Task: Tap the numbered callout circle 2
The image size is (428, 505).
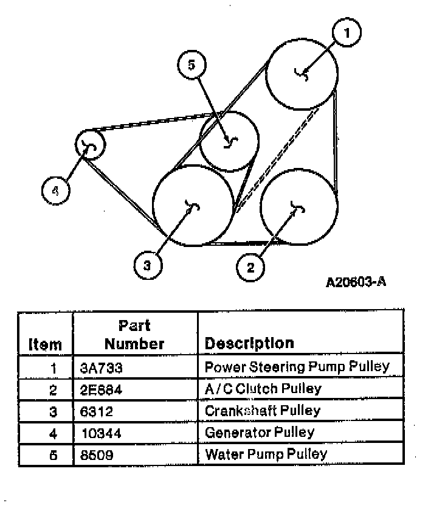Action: [250, 266]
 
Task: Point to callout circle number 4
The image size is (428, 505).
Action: [55, 190]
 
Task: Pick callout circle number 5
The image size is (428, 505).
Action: [192, 65]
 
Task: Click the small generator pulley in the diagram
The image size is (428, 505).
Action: [90, 145]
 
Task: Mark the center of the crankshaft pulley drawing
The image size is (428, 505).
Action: [192, 205]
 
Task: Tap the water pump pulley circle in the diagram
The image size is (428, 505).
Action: [229, 141]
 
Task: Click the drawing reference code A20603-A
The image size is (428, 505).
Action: [356, 282]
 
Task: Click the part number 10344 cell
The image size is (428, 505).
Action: [100, 433]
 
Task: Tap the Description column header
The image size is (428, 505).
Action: [249, 343]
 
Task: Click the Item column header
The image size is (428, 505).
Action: [46, 344]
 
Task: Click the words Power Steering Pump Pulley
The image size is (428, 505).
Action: [297, 367]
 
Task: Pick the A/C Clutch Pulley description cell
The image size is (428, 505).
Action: [263, 388]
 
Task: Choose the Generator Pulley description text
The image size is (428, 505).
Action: [260, 433]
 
